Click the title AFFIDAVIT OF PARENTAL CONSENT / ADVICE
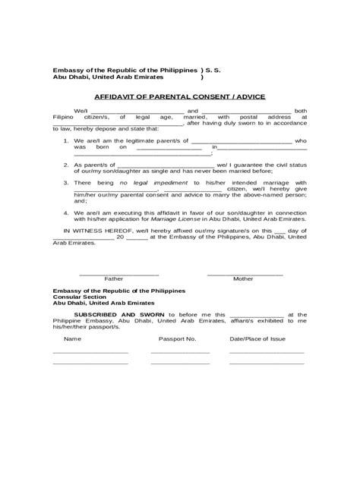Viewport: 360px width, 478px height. [178, 98]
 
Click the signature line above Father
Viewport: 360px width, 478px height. [119, 273]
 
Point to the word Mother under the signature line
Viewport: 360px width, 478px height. [244, 279]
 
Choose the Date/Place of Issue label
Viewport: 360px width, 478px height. [256, 338]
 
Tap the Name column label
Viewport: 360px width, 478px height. [71, 338]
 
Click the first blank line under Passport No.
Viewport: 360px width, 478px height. [179, 353]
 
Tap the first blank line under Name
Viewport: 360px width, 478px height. [90, 353]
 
